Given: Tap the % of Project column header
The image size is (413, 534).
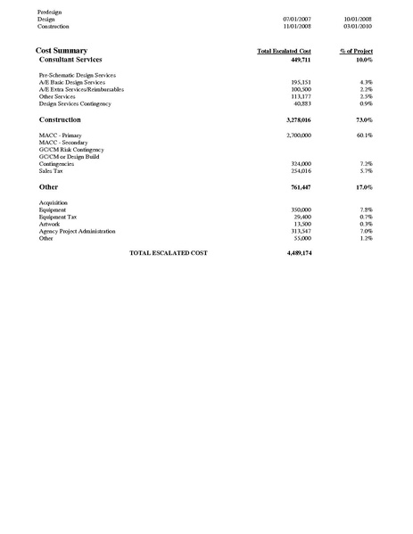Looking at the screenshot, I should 357,52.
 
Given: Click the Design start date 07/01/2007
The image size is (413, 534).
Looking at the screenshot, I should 296,18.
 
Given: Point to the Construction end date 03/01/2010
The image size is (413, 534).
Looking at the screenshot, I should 359,26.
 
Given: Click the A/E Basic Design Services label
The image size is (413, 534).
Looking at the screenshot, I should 72,82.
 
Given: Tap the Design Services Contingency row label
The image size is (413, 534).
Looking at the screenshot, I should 74,103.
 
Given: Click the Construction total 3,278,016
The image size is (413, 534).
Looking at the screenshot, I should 297,119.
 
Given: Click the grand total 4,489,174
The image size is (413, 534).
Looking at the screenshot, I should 296,253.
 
